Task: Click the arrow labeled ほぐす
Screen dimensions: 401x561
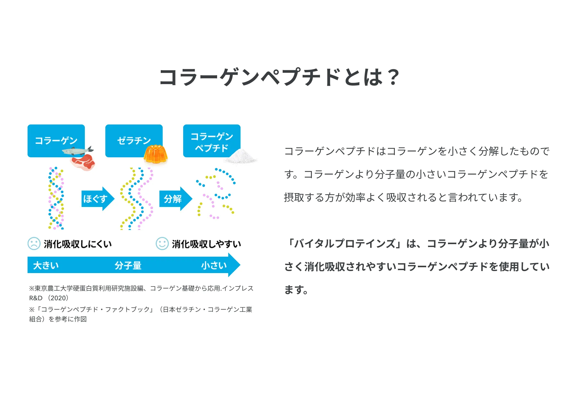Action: click(x=97, y=199)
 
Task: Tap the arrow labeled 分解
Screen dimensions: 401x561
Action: click(x=175, y=199)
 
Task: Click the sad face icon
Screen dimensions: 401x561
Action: click(x=34, y=243)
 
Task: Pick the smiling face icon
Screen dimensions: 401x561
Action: click(x=162, y=243)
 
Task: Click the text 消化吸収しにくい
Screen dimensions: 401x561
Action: click(x=78, y=244)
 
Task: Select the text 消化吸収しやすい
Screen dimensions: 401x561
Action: click(x=206, y=244)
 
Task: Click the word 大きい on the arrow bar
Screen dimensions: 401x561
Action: click(x=46, y=265)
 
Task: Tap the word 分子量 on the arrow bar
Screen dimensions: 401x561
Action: click(x=128, y=265)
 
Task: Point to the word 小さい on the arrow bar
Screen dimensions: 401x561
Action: click(x=214, y=265)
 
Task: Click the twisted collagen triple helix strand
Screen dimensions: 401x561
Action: click(x=56, y=198)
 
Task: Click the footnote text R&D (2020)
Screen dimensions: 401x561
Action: click(x=49, y=298)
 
